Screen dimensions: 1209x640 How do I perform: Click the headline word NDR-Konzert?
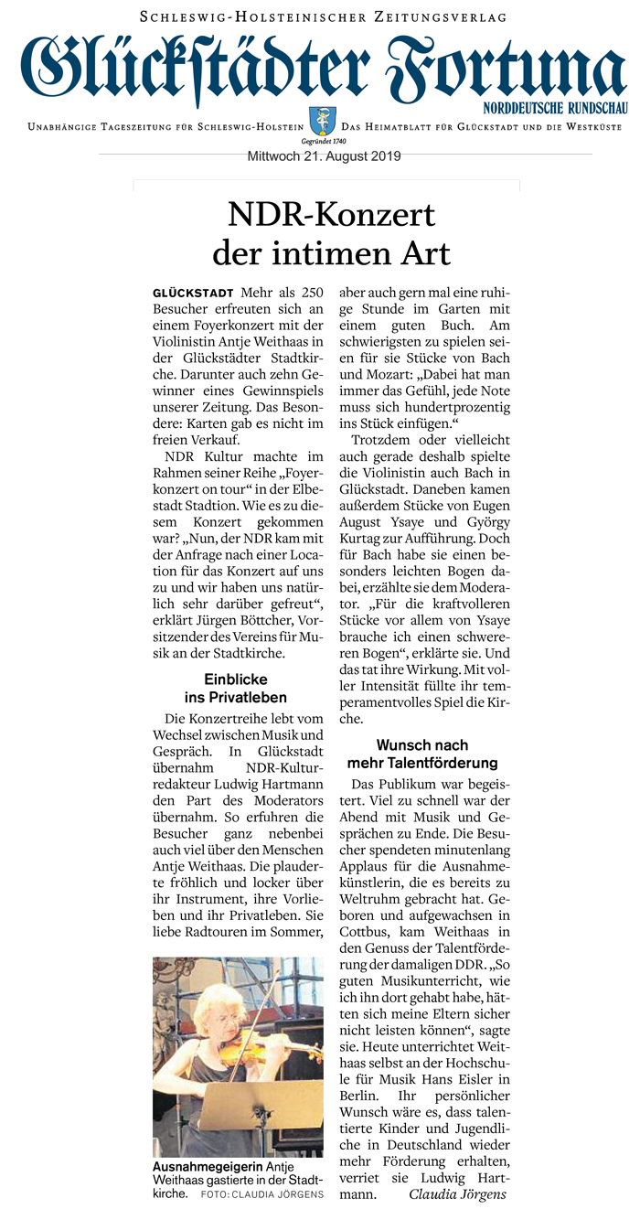click(331, 215)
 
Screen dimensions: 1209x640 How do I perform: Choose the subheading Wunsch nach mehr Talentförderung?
click(422, 754)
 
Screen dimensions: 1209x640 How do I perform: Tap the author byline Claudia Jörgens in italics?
click(457, 1194)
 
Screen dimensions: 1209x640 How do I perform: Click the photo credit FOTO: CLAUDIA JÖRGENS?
click(263, 1194)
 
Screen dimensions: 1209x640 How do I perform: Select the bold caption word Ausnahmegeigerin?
click(207, 1168)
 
